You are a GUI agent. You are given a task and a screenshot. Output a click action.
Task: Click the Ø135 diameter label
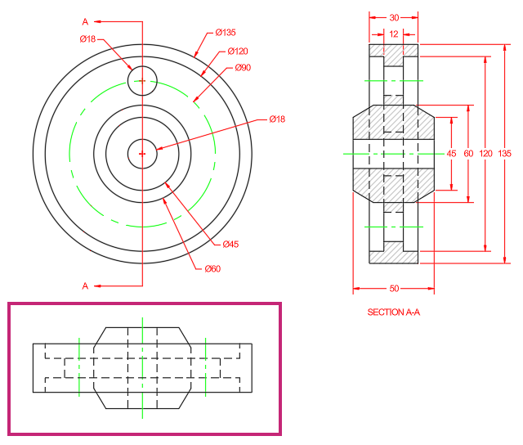pos(226,33)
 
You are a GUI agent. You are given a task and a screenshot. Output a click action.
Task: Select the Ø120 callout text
pos(238,51)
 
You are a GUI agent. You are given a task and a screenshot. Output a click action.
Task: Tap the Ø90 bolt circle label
pos(243,67)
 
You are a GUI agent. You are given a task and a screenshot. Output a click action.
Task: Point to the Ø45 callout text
pos(230,244)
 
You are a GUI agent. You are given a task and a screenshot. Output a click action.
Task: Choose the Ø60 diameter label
pos(212,269)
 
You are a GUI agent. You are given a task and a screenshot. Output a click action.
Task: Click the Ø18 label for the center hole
pos(277,119)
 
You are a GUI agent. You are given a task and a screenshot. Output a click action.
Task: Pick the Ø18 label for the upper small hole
pos(87,39)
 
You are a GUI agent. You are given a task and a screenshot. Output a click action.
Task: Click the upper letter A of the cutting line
pos(85,22)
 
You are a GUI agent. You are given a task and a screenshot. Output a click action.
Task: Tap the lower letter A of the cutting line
pos(85,286)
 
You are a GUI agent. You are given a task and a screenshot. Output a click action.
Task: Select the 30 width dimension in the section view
pos(394,18)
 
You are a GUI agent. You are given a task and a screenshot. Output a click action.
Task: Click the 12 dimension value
pos(394,34)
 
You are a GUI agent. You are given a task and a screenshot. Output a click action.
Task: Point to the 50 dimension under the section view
pos(394,289)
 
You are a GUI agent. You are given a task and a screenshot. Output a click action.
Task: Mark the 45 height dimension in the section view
pos(451,154)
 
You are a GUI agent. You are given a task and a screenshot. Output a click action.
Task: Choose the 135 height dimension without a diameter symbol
pos(505,154)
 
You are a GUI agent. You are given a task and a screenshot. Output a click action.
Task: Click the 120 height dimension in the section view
pos(485,154)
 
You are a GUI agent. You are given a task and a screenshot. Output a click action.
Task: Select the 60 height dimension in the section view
pos(468,154)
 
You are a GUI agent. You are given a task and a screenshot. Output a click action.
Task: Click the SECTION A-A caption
pos(394,312)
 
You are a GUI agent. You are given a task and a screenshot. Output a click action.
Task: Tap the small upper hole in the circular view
pos(142,66)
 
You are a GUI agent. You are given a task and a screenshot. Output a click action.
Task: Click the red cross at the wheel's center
pos(142,154)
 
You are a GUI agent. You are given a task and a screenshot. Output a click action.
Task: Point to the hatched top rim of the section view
pos(394,51)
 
